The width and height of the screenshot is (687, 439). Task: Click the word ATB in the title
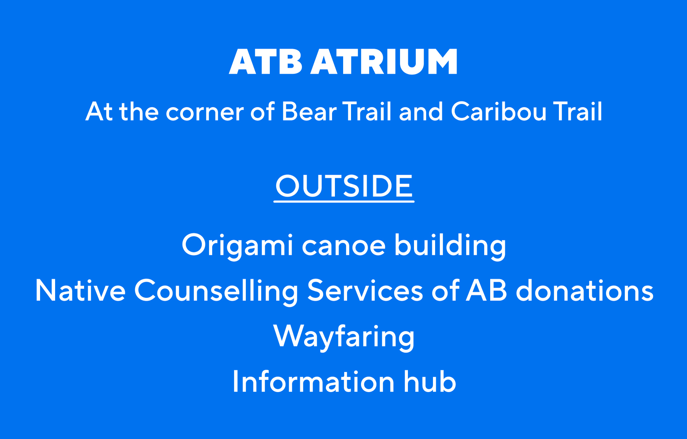(265, 62)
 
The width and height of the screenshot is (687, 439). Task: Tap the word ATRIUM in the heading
(384, 62)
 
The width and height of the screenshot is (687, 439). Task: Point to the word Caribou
(499, 111)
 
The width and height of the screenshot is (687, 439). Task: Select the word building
(450, 246)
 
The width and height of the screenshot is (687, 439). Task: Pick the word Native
(81, 291)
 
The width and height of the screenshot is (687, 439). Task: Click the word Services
(365, 291)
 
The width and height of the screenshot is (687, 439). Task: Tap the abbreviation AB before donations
(487, 290)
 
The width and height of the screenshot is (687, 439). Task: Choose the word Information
(313, 382)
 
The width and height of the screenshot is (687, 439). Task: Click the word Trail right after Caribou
(578, 111)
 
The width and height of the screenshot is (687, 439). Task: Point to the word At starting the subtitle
(99, 111)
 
